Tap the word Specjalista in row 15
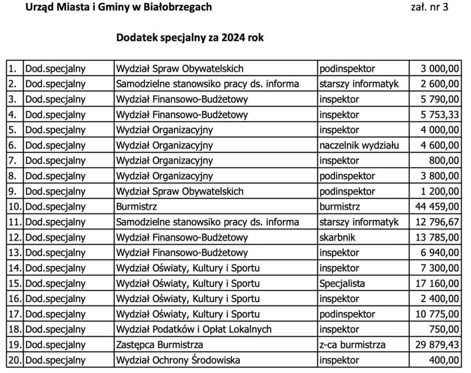tap(342, 284)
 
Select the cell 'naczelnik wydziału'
tap(359, 145)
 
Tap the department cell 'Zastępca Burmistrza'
tap(160, 345)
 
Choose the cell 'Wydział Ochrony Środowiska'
tap(178, 361)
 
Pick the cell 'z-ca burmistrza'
tap(352, 345)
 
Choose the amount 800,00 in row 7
tap(445, 161)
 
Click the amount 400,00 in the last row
tap(445, 361)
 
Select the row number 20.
tap(15, 361)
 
